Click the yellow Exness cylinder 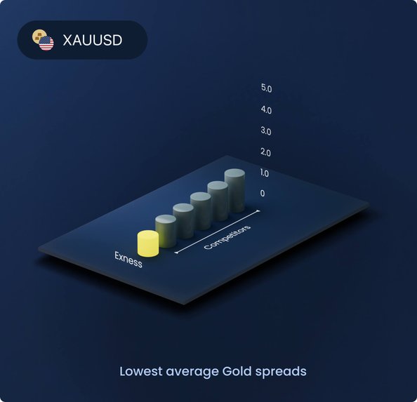click(148, 244)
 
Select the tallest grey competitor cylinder click(234, 191)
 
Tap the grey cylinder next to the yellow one click(166, 231)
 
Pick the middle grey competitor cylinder click(201, 211)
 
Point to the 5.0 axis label click(266, 88)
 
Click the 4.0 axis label click(266, 109)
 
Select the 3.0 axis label click(266, 131)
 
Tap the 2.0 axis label click(265, 152)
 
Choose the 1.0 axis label click(265, 173)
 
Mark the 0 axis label click(263, 193)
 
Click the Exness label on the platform click(128, 260)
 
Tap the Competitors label click(227, 237)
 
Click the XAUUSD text click(93, 40)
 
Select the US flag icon click(46, 43)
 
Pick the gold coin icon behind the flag click(38, 35)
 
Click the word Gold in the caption click(237, 371)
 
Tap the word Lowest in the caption click(140, 371)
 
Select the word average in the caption click(192, 373)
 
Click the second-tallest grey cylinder click(218, 201)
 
